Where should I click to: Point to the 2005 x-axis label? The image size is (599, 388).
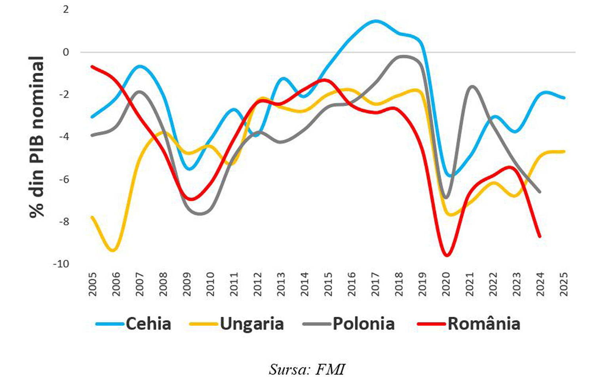tap(93, 284)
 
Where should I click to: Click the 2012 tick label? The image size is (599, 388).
tap(258, 284)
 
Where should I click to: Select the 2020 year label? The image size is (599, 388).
tap(446, 284)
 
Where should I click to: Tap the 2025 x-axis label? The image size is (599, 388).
tap(564, 284)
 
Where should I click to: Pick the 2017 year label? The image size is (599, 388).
tap(375, 284)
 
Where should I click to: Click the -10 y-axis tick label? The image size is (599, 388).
tap(61, 264)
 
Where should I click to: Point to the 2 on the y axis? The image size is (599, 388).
tap(66, 10)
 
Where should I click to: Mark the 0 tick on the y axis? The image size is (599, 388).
tap(66, 52)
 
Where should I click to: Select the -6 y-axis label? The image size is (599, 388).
tap(63, 179)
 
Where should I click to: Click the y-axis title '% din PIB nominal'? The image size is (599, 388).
tap(36, 137)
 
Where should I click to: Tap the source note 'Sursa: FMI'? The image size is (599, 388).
tap(307, 370)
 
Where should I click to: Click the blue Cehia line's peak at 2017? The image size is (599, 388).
tap(375, 21)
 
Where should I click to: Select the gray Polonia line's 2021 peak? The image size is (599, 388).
tap(472, 86)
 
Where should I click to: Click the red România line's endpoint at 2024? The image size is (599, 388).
tap(540, 236)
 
